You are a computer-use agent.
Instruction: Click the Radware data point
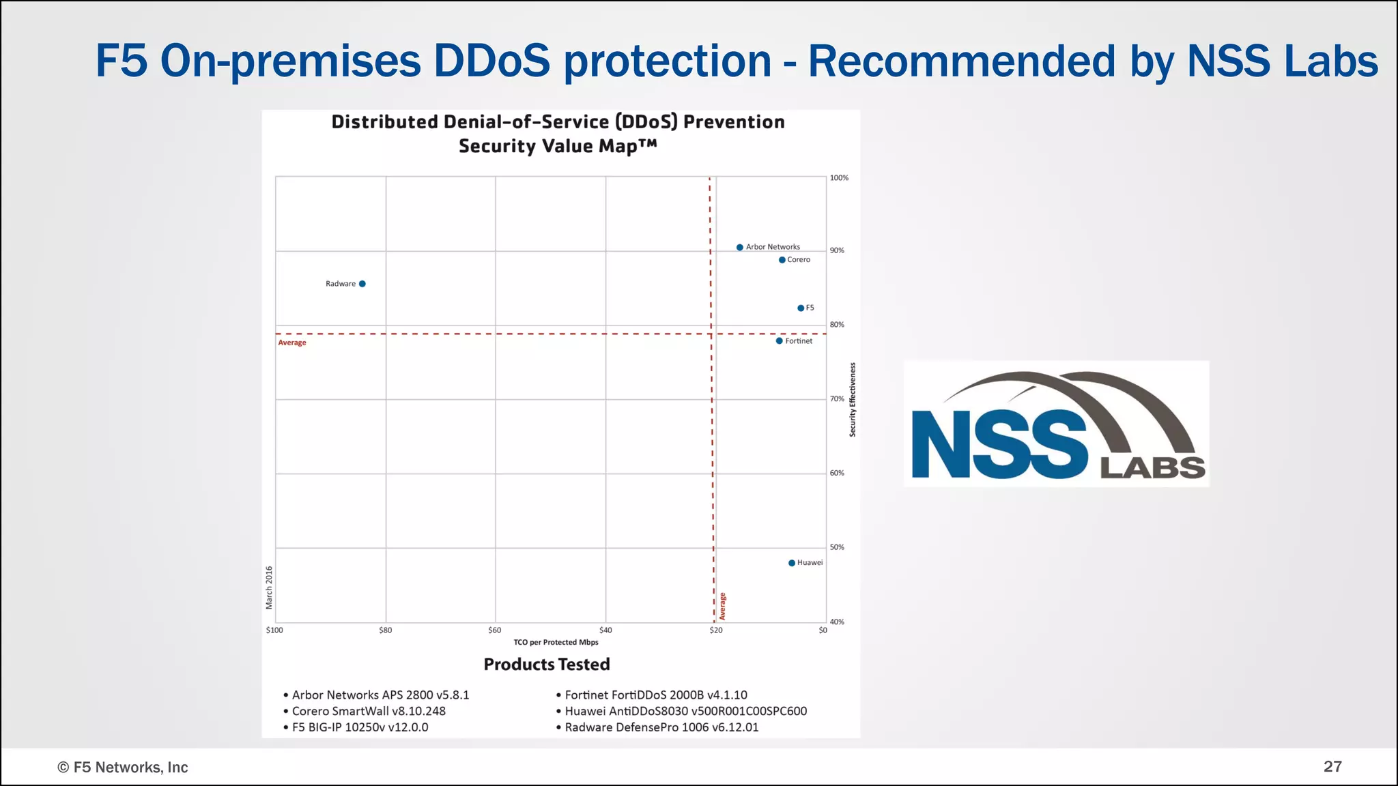tap(362, 284)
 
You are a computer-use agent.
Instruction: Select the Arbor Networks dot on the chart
tap(740, 247)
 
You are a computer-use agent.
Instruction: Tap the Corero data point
tap(782, 260)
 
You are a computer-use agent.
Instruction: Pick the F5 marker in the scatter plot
tap(801, 308)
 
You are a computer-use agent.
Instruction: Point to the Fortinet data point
tap(780, 341)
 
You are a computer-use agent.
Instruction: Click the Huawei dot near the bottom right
tap(792, 563)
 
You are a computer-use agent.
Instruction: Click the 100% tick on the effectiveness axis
tap(839, 178)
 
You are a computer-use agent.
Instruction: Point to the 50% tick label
tap(837, 547)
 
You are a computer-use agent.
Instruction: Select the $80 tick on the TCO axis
tap(386, 630)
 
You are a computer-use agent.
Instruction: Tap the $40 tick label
tap(605, 630)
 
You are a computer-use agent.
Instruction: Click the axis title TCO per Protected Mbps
tap(556, 643)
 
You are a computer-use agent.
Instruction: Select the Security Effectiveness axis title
tap(853, 400)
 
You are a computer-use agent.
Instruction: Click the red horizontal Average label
tap(292, 343)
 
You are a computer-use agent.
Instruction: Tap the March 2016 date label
tap(269, 587)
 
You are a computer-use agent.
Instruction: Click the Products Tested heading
tap(547, 665)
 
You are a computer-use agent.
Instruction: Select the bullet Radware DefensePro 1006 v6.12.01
tap(661, 727)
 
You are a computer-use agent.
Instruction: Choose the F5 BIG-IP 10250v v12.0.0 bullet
tap(360, 727)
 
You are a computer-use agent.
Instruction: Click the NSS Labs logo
tap(1057, 424)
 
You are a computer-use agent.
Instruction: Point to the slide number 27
tap(1332, 767)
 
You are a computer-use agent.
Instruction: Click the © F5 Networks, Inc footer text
tap(123, 768)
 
